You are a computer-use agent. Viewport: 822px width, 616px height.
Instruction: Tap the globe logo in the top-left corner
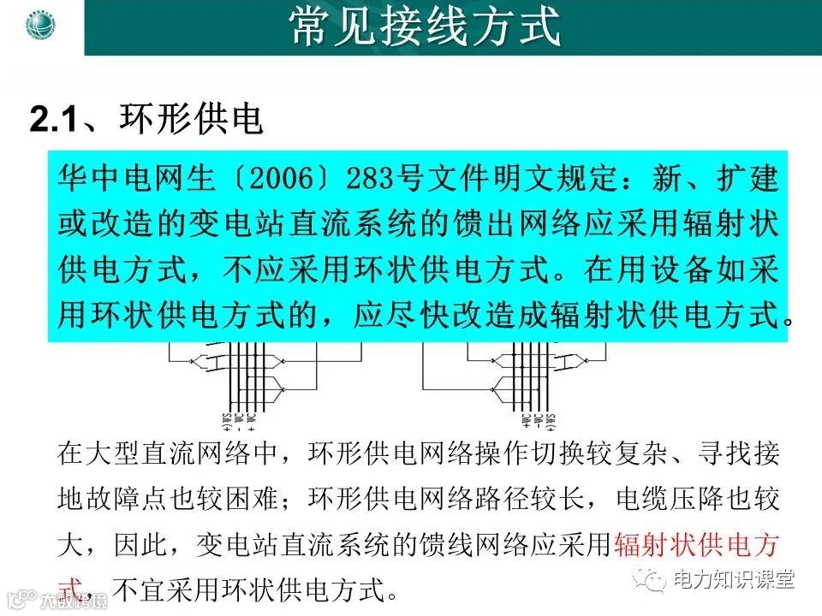point(40,25)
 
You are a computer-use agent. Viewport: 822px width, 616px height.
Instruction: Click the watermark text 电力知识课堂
point(733,579)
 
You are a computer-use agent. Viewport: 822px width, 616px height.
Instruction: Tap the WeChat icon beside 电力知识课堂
point(656,581)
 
